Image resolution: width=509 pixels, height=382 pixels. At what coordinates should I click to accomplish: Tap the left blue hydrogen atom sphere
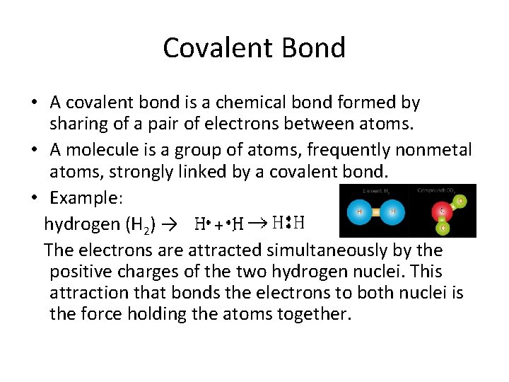click(359, 211)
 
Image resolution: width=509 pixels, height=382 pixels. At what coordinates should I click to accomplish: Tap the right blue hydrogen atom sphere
click(393, 211)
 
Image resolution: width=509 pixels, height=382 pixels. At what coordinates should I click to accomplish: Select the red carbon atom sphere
click(443, 210)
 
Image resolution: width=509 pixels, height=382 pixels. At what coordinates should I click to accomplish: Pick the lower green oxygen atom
click(443, 228)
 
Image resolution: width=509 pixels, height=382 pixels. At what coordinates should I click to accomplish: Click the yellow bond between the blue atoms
click(376, 211)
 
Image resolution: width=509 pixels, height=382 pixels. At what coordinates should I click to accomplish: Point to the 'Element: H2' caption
click(376, 191)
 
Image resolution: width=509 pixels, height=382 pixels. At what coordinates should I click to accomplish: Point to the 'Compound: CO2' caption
click(438, 190)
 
